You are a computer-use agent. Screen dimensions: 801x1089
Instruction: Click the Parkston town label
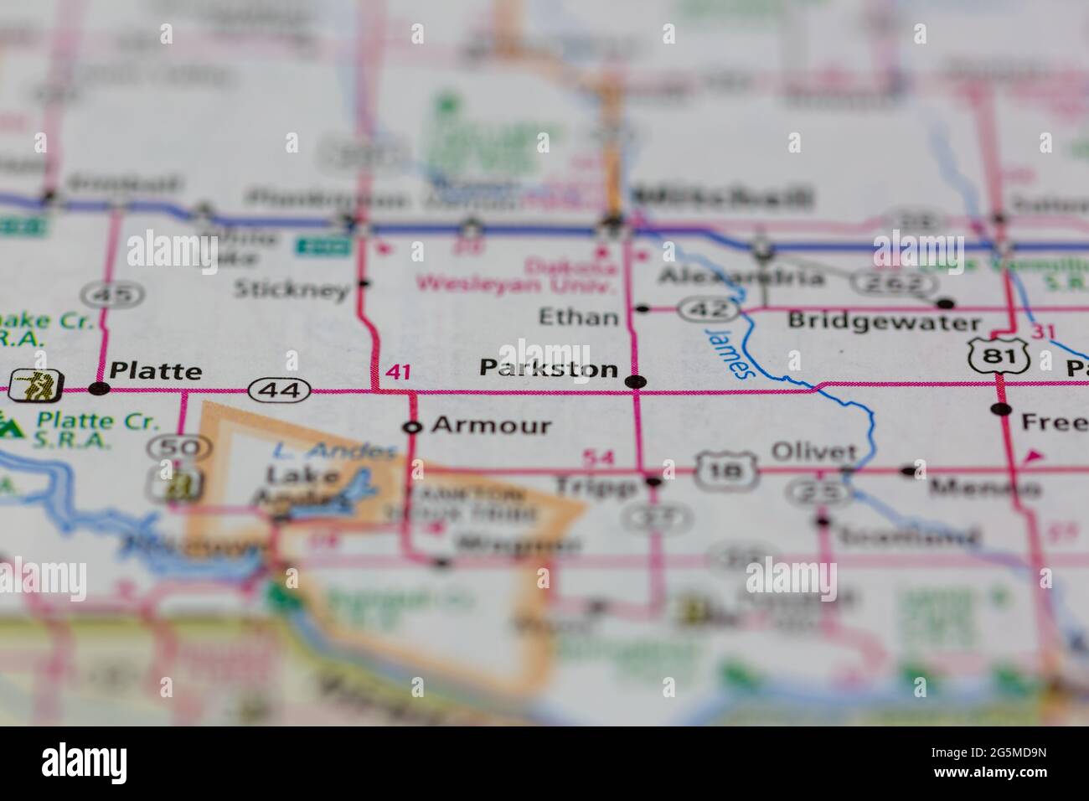tap(549, 368)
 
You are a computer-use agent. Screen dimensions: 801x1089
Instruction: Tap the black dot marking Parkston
tap(636, 382)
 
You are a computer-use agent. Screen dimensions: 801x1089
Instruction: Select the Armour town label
tap(491, 426)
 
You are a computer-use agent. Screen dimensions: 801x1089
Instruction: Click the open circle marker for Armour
tap(411, 427)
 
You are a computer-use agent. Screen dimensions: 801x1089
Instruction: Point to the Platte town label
tap(156, 370)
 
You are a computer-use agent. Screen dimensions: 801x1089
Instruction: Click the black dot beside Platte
tap(100, 388)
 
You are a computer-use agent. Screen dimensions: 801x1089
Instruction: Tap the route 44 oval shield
tap(280, 390)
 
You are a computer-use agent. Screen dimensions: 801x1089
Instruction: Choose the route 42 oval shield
tap(708, 309)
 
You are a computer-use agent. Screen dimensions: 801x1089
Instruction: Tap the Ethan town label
tap(579, 318)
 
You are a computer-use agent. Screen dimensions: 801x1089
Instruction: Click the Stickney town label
tap(291, 291)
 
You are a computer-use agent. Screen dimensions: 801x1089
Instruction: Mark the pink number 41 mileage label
tap(398, 372)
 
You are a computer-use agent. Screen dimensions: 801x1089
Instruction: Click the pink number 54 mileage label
tap(597, 457)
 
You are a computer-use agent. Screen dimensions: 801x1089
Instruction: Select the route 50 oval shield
tap(179, 448)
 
